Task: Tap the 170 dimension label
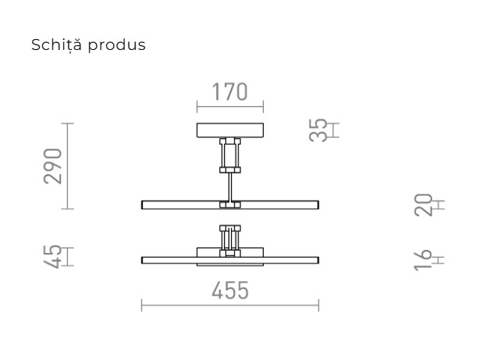229,91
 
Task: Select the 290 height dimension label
53,166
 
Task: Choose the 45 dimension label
52,257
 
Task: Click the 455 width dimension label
230,290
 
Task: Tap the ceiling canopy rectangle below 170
229,130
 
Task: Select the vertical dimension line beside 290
69,166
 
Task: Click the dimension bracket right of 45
69,257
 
